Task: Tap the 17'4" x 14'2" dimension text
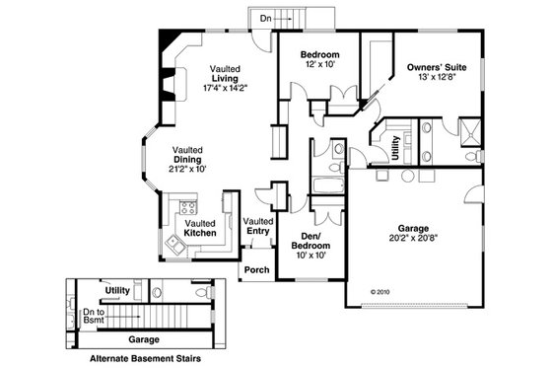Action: pyautogui.click(x=225, y=88)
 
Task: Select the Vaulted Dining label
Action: pyautogui.click(x=188, y=153)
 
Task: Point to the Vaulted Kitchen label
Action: pyautogui.click(x=200, y=228)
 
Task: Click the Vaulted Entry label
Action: pyautogui.click(x=257, y=226)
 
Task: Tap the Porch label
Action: pyautogui.click(x=256, y=269)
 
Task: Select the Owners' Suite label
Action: pyautogui.click(x=436, y=67)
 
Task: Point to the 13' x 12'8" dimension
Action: pyautogui.click(x=435, y=78)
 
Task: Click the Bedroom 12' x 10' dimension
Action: pyautogui.click(x=320, y=64)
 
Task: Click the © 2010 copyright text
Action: pyautogui.click(x=380, y=292)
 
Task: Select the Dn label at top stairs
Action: pyautogui.click(x=266, y=19)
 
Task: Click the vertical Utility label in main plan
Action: pyautogui.click(x=395, y=148)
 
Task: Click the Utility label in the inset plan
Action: pyautogui.click(x=120, y=290)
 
